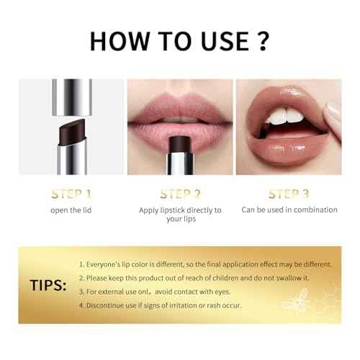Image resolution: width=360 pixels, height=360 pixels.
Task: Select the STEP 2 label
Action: (x=180, y=194)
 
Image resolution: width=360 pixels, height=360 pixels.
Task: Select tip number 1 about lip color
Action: (x=206, y=264)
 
